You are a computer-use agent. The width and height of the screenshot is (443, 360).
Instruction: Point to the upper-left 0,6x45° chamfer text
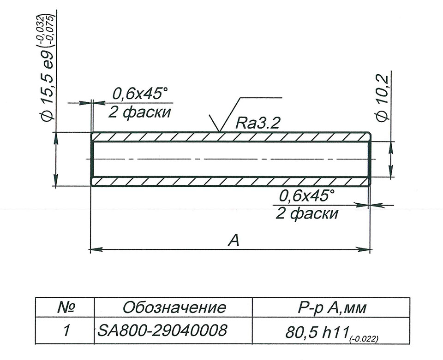[138, 94]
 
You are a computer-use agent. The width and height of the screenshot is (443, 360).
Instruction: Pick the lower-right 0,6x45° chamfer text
[306, 196]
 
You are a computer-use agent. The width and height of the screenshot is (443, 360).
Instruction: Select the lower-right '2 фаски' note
[307, 213]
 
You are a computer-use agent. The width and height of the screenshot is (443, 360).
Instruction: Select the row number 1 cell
[66, 330]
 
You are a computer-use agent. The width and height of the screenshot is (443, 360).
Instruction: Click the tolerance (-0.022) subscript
[364, 339]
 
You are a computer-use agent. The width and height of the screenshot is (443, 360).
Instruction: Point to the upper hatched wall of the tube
[231, 136]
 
